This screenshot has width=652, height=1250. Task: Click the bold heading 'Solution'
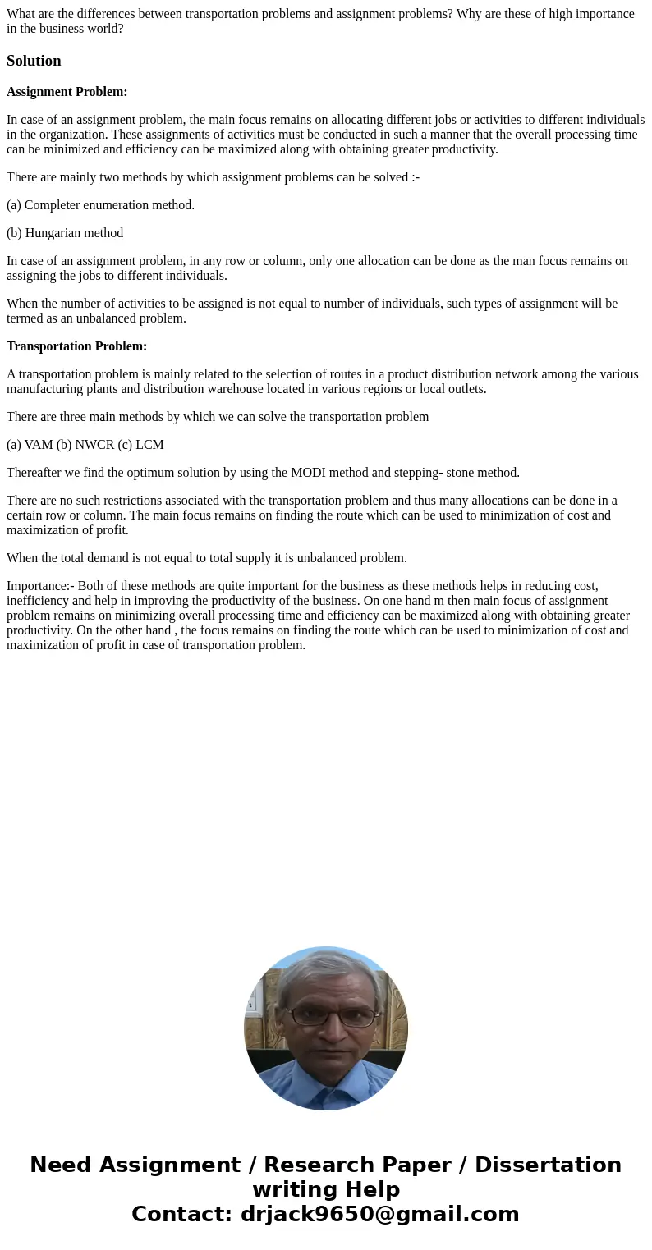pyautogui.click(x=34, y=61)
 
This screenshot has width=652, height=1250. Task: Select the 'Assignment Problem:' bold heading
pyautogui.click(x=67, y=92)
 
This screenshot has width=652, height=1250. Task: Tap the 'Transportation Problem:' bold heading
pyautogui.click(x=76, y=346)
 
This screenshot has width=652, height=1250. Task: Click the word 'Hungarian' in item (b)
pyautogui.click(x=52, y=233)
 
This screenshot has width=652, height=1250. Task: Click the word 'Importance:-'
pyautogui.click(x=40, y=586)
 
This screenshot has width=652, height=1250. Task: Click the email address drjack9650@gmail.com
pyautogui.click(x=379, y=1214)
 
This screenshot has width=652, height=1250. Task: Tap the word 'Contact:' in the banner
pyautogui.click(x=181, y=1214)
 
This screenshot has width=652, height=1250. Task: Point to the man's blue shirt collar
pyautogui.click(x=328, y=1071)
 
